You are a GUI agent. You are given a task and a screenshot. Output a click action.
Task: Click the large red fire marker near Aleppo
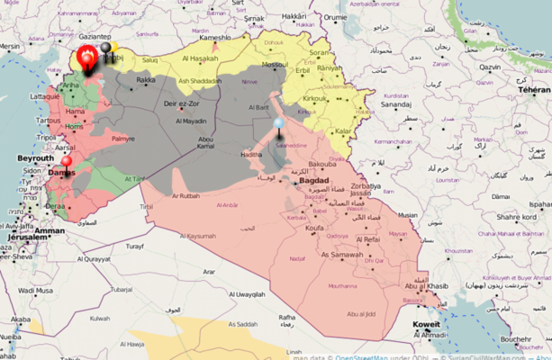(x=87, y=58)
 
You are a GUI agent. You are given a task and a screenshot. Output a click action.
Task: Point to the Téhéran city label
(x=532, y=90)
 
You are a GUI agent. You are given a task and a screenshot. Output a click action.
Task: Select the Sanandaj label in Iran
(x=400, y=104)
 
